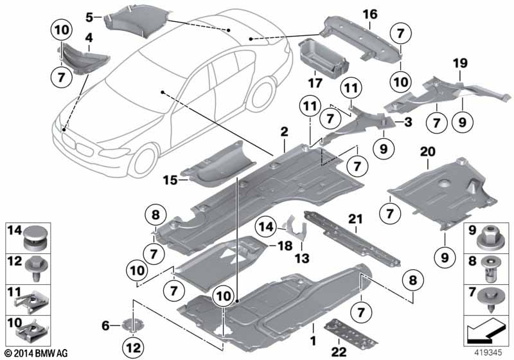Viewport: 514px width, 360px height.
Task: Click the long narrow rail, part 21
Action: tap(350, 241)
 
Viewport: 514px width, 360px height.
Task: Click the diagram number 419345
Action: tap(491, 353)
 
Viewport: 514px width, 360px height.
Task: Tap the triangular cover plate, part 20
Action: tap(443, 193)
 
